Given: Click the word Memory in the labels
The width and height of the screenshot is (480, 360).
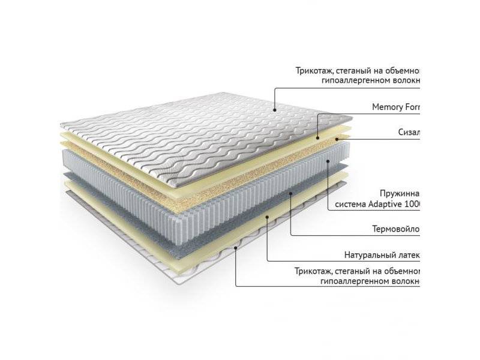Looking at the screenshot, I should point(388,107).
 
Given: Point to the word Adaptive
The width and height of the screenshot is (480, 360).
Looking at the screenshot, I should point(389,205).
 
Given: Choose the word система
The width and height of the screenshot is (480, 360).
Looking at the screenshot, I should point(354,205).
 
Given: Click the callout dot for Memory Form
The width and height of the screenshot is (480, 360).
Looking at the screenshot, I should point(319,137).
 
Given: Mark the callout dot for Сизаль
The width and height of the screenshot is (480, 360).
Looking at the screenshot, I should point(339,139).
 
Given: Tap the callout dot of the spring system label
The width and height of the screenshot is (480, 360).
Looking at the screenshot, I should point(328,160).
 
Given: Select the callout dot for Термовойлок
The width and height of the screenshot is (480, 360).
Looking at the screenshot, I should point(290,193).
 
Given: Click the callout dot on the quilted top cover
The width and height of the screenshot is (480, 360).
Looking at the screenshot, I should point(274,110).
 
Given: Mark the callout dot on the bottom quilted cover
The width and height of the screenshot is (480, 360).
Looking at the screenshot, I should point(236,246).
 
